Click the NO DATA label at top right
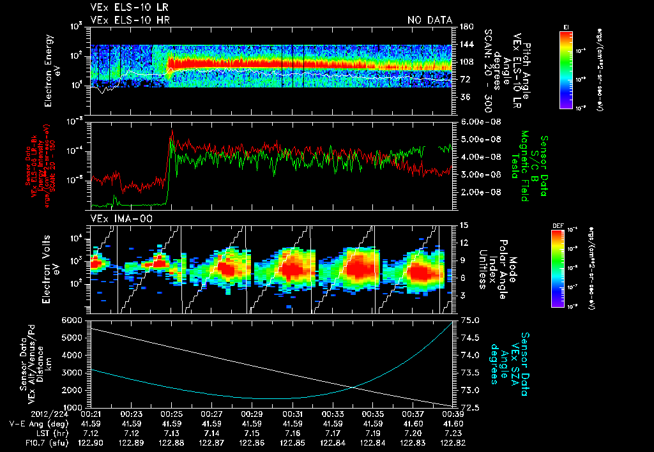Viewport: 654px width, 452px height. (430, 20)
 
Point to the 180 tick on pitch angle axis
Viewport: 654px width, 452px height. (465, 27)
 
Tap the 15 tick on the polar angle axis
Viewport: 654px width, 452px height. (464, 225)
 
